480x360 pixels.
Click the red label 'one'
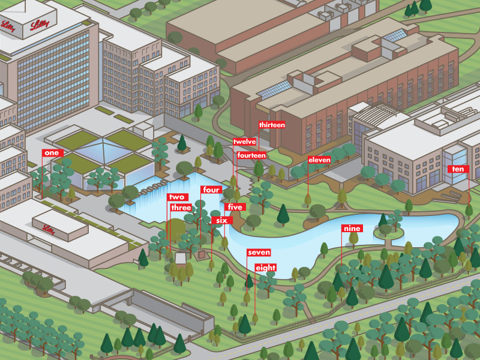(x=53, y=153)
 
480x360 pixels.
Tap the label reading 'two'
(x=176, y=197)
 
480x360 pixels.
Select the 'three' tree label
(x=181, y=208)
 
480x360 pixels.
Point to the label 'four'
(x=211, y=190)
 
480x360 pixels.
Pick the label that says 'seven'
(x=259, y=253)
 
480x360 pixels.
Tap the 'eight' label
(x=266, y=268)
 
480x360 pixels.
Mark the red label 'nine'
(x=351, y=229)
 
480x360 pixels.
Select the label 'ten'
(x=458, y=169)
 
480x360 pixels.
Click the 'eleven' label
(x=319, y=160)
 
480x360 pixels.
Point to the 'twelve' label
(x=245, y=142)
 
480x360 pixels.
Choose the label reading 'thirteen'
(x=272, y=125)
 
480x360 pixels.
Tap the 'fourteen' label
(x=251, y=155)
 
